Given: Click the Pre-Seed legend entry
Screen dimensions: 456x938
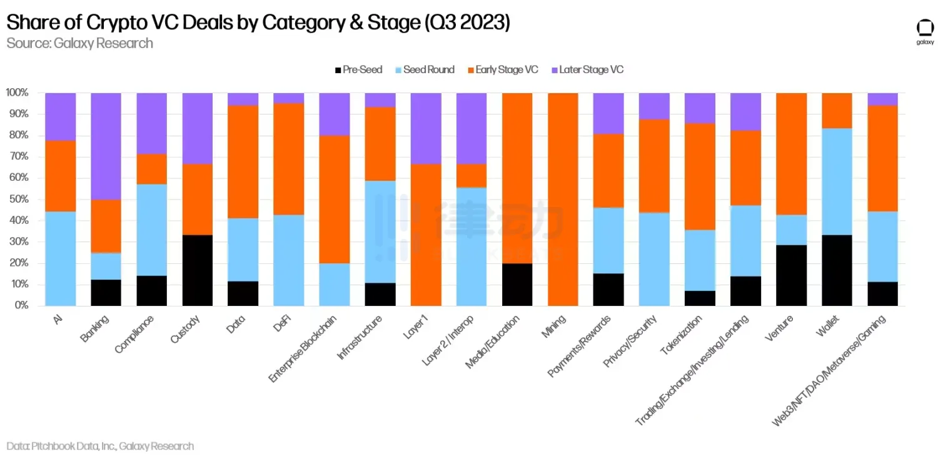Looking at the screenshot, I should pyautogui.click(x=359, y=69).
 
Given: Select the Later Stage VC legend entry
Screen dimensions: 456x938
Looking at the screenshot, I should pyautogui.click(x=587, y=69).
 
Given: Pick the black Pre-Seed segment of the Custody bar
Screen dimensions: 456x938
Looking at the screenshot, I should pyautogui.click(x=198, y=270).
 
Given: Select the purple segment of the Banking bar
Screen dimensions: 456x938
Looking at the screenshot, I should pyautogui.click(x=106, y=146).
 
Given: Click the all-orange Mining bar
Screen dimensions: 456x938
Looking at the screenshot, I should pyautogui.click(x=563, y=199).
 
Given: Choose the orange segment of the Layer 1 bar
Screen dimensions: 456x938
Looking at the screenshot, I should pyautogui.click(x=426, y=235).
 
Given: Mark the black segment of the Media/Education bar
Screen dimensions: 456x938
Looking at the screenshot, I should pyautogui.click(x=517, y=285).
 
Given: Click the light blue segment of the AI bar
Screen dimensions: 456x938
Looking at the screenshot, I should pyautogui.click(x=61, y=258).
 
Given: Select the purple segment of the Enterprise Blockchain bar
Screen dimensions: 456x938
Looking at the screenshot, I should pyautogui.click(x=335, y=114).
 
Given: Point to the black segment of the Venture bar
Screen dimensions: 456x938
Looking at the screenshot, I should pyautogui.click(x=791, y=275).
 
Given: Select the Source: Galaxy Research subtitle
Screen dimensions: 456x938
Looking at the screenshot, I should pyautogui.click(x=79, y=43).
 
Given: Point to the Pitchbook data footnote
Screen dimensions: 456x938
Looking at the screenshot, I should pyautogui.click(x=100, y=446).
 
